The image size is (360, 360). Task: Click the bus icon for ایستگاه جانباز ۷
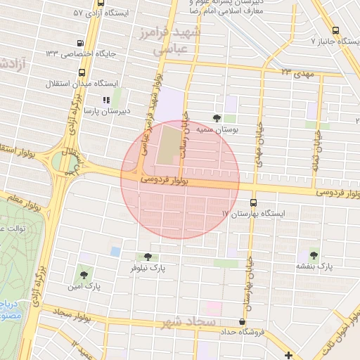tap(335, 31)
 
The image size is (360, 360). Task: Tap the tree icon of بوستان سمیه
tap(216, 118)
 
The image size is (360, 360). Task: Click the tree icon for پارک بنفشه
tap(313, 255)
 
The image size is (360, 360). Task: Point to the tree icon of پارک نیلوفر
tap(147, 257)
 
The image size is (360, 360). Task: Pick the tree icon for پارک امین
tap(84, 275)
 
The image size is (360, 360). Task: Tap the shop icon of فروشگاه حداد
tap(243, 321)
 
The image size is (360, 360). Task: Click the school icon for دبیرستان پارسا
tap(106, 101)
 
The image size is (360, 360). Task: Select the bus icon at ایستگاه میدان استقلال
tap(83, 72)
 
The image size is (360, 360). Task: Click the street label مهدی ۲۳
tap(296, 72)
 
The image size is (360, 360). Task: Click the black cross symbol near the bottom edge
tap(288, 354)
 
